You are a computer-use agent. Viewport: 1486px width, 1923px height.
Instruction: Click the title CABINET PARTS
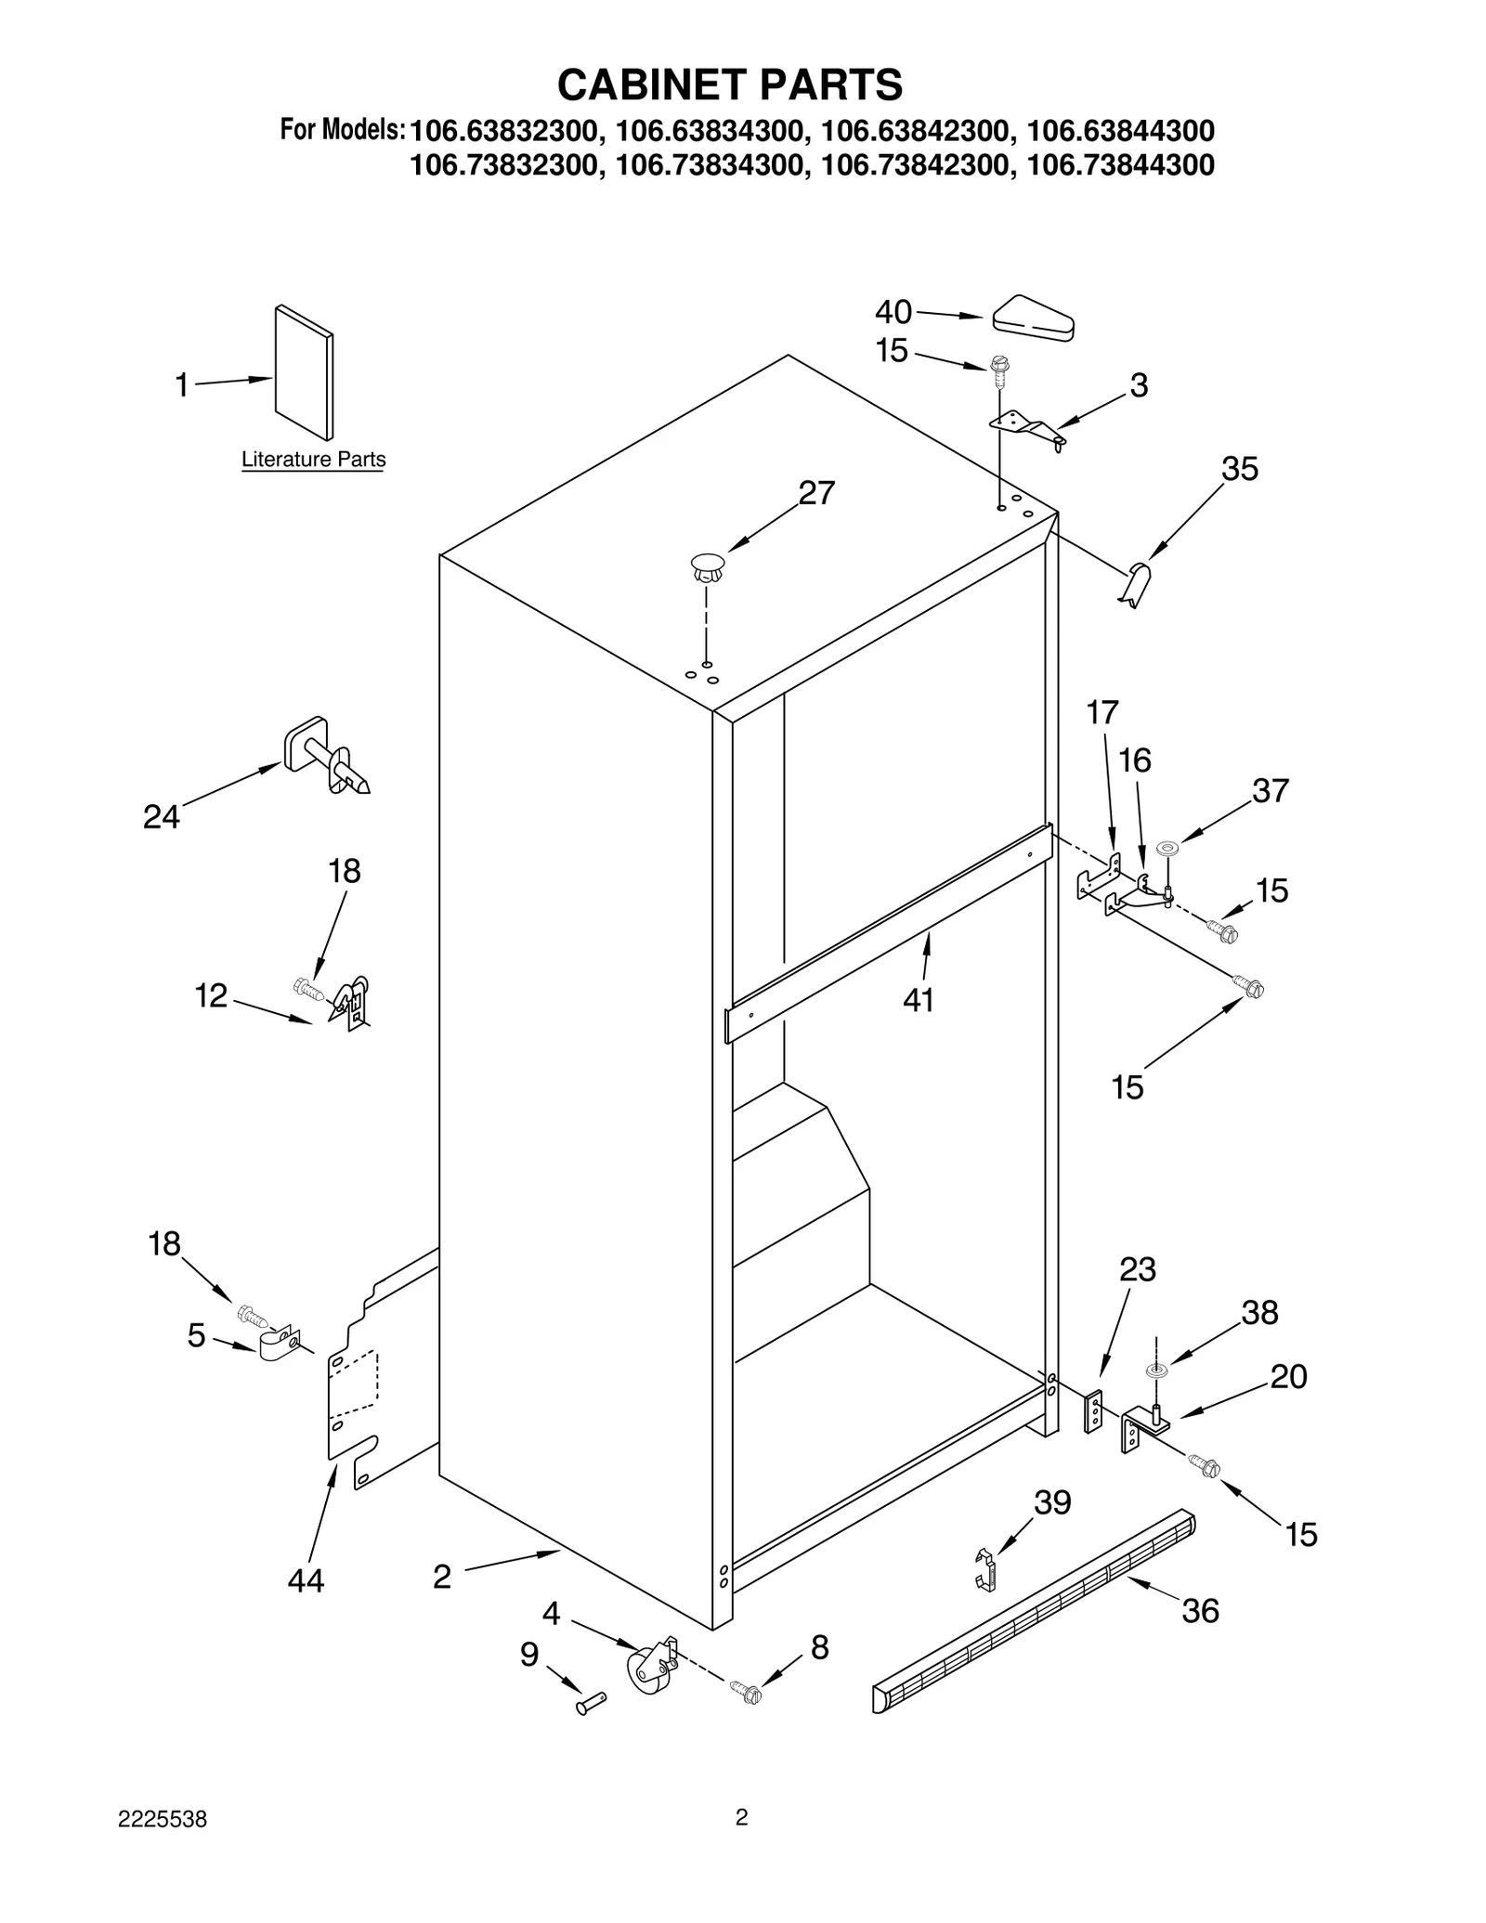(729, 84)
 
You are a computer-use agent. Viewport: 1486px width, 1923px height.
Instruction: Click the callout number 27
(816, 493)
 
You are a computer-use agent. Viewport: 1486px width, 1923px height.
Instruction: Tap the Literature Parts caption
(313, 460)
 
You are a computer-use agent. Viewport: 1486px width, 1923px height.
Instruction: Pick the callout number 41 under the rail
(918, 1000)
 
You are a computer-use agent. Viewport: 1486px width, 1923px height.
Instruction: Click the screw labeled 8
(746, 1691)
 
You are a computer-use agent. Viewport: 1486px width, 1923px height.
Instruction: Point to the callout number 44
(306, 1580)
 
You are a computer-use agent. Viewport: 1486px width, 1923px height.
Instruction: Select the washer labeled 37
(1167, 847)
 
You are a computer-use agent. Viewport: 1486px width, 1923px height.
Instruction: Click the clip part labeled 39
(986, 1569)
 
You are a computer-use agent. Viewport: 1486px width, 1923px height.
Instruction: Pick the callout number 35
(1239, 470)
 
